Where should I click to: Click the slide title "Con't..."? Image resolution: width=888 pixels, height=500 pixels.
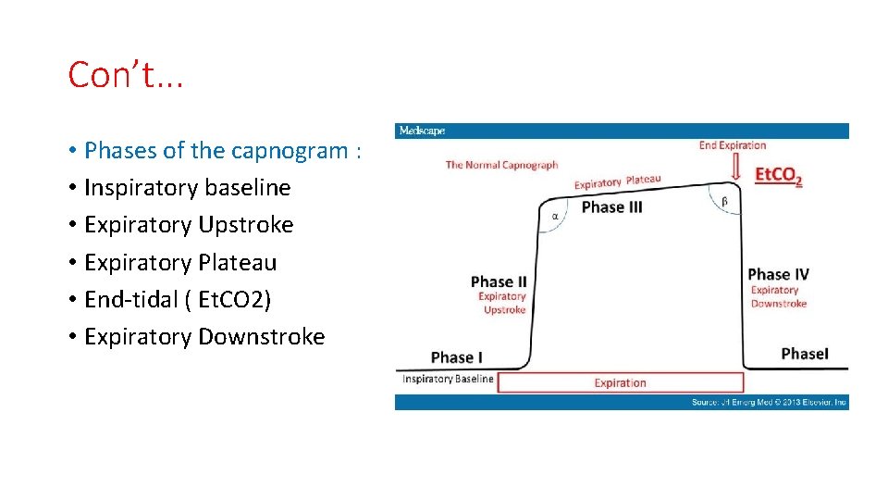(126, 75)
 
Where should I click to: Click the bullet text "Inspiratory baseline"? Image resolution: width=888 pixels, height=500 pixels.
(187, 188)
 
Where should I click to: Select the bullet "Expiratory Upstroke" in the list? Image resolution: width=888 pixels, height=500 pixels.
(189, 225)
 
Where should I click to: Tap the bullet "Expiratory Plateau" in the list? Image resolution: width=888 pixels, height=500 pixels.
(180, 262)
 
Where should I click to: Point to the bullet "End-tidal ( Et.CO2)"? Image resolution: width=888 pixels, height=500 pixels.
(178, 299)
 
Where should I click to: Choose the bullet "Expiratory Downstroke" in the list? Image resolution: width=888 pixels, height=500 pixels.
(204, 336)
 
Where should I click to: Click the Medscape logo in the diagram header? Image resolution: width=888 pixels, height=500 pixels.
(422, 131)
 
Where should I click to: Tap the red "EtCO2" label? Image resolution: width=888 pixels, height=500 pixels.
(778, 175)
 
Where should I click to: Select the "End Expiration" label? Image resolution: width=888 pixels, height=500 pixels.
(733, 145)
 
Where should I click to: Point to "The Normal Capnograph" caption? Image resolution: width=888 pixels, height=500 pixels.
(501, 165)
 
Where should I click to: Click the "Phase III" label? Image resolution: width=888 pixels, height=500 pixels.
(611, 207)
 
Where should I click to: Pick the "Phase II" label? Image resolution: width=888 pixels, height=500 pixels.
(498, 281)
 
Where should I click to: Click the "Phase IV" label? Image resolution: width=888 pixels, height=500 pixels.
(778, 274)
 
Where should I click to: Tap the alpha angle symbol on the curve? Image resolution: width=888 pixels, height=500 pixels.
(556, 217)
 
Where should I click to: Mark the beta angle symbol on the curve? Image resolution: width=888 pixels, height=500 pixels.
(724, 201)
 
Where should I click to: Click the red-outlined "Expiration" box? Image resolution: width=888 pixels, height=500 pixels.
(620, 382)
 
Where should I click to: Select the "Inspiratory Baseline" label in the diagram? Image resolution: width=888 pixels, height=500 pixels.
(447, 379)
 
